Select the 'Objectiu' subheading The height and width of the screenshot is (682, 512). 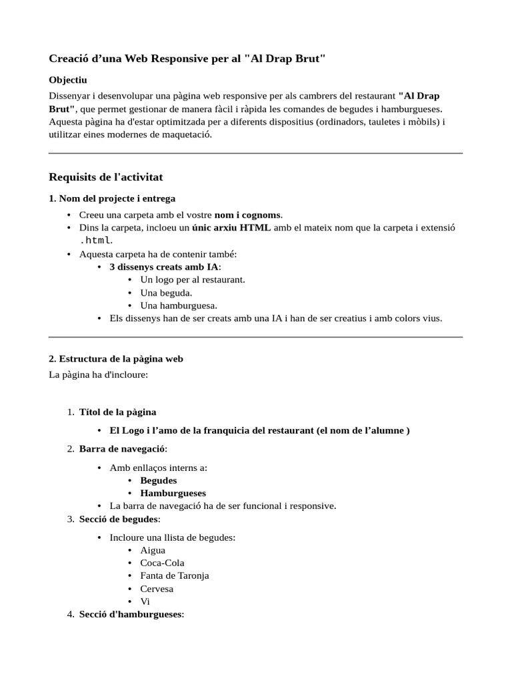(x=68, y=80)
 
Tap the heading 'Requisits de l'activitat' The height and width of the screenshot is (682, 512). (x=106, y=177)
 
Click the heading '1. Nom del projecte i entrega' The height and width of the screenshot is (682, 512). (x=112, y=198)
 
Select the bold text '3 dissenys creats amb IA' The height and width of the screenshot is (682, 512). (x=164, y=267)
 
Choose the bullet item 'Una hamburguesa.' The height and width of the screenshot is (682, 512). (x=179, y=306)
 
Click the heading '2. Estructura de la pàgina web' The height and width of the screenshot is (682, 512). (x=116, y=359)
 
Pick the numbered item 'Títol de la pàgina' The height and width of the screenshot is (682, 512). (x=117, y=412)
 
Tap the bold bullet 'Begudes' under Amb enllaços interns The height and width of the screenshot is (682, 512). (x=159, y=480)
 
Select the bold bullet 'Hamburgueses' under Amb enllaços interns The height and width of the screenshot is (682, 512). (x=173, y=494)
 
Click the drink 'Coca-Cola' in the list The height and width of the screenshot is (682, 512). (x=163, y=563)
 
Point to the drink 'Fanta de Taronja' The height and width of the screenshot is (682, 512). (x=175, y=575)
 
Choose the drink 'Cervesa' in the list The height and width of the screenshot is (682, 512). (x=157, y=589)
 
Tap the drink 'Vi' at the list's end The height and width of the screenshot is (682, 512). (x=145, y=601)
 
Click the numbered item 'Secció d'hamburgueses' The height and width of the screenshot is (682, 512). (x=130, y=614)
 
